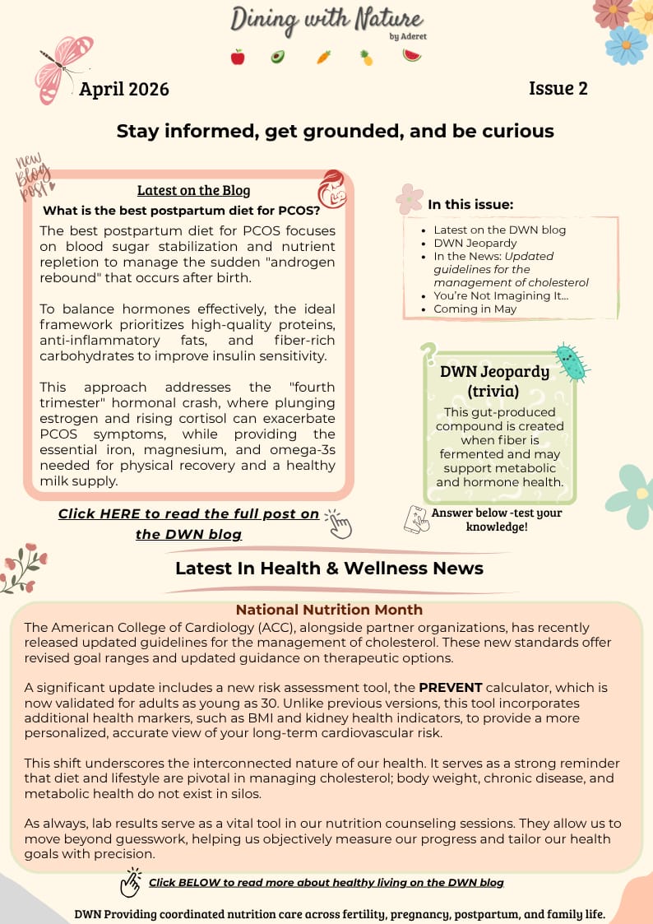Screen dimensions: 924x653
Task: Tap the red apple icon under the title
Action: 238,57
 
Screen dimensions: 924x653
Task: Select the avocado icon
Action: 278,57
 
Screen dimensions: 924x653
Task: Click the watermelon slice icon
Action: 412,55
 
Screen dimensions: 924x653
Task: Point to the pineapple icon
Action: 366,57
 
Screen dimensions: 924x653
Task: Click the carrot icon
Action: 323,57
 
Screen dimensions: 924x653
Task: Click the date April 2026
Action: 124,89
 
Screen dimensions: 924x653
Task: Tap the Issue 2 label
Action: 558,88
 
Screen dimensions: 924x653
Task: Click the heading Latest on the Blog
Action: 193,190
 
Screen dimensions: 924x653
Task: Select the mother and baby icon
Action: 332,189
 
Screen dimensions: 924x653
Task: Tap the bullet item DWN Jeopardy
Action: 475,243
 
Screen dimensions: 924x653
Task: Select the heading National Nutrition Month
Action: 329,610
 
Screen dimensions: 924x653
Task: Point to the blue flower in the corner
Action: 626,44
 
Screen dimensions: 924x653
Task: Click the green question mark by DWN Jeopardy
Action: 428,355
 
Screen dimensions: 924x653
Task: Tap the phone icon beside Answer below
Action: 416,518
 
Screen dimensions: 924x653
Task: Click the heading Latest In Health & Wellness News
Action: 329,568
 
